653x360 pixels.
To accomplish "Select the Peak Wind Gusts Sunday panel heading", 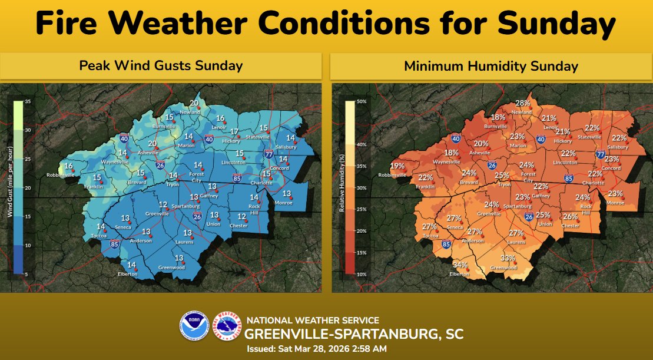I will coord(161,65).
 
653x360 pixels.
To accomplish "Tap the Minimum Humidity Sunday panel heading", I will coord(491,66).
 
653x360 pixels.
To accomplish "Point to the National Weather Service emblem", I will coord(227,326).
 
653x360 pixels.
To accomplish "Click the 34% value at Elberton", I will coord(460,265).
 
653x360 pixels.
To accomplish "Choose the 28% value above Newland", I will coord(523,103).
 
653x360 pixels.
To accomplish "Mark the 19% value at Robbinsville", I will coord(397,166).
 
